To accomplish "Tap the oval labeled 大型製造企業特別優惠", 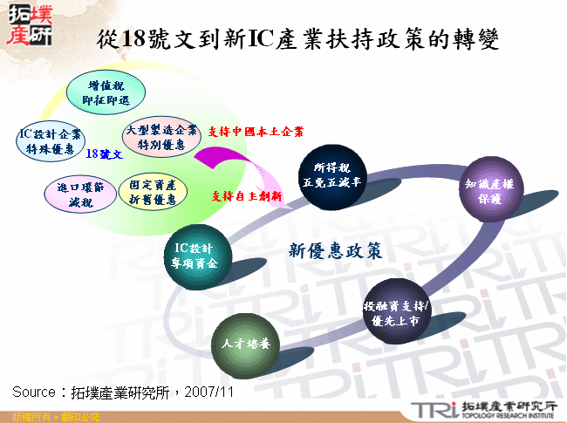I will click(x=156, y=137).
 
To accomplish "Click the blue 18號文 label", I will click(x=104, y=154).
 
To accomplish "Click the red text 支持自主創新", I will click(x=247, y=196).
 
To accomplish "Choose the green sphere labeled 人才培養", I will click(x=245, y=345).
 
